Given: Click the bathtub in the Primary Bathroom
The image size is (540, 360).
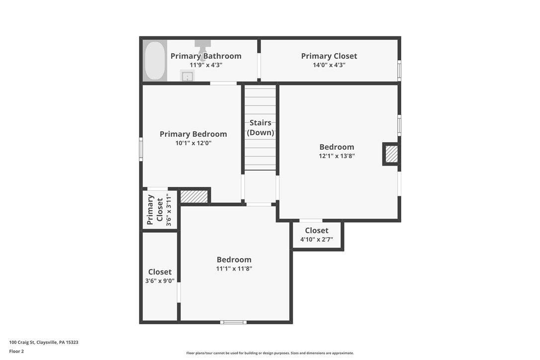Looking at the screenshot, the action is click(155, 61).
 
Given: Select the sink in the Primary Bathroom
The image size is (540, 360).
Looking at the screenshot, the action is click(187, 76).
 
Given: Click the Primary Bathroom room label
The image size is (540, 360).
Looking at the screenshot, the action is click(206, 56).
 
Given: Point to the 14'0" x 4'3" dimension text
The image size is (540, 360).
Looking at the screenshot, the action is click(329, 65).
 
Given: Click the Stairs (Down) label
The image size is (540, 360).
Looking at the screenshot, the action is click(261, 127).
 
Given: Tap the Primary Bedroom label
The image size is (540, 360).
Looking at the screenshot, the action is click(193, 134).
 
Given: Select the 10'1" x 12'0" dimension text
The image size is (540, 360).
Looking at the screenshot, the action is click(193, 143).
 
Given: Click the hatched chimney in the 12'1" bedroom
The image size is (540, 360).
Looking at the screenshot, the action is click(391, 154).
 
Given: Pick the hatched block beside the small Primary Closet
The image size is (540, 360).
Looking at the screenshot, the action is click(194, 196).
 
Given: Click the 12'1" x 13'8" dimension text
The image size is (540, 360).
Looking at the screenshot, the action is click(337, 156).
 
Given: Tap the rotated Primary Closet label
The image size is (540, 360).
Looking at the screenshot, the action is click(155, 210).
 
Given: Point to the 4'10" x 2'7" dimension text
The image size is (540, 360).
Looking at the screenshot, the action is click(317, 240).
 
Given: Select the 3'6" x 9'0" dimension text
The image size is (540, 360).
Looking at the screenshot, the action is click(160, 281).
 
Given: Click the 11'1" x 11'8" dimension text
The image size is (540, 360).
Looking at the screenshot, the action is click(234, 269).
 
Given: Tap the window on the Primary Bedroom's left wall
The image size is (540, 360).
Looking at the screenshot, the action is click(141, 149).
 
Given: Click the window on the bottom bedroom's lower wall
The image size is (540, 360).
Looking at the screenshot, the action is click(234, 322).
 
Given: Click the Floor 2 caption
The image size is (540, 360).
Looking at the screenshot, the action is click(16, 352).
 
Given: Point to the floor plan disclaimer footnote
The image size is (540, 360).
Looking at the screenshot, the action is click(270, 353).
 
